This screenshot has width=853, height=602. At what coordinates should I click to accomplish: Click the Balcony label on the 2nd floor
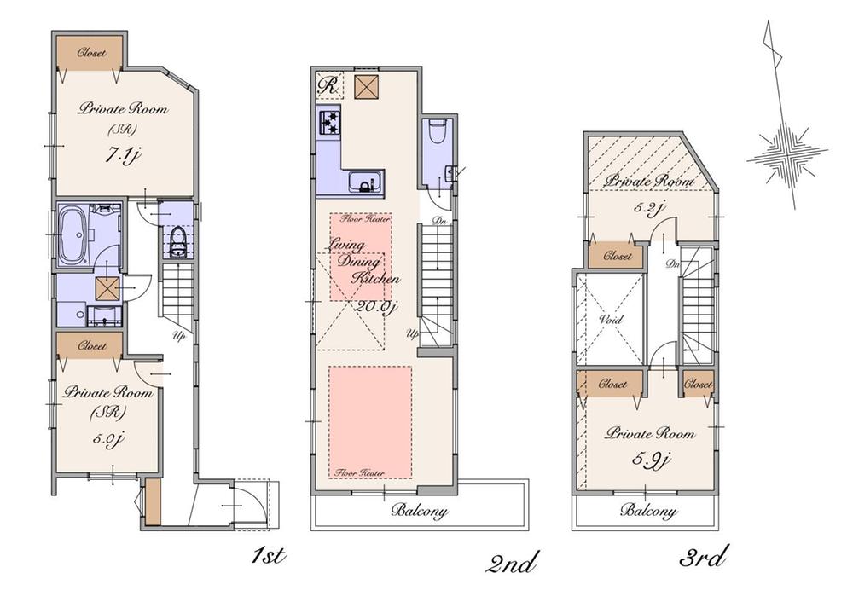(420, 512)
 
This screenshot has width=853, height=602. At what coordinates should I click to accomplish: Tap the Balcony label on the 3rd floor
(648, 512)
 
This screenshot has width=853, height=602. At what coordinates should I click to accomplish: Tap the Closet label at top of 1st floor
(91, 53)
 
